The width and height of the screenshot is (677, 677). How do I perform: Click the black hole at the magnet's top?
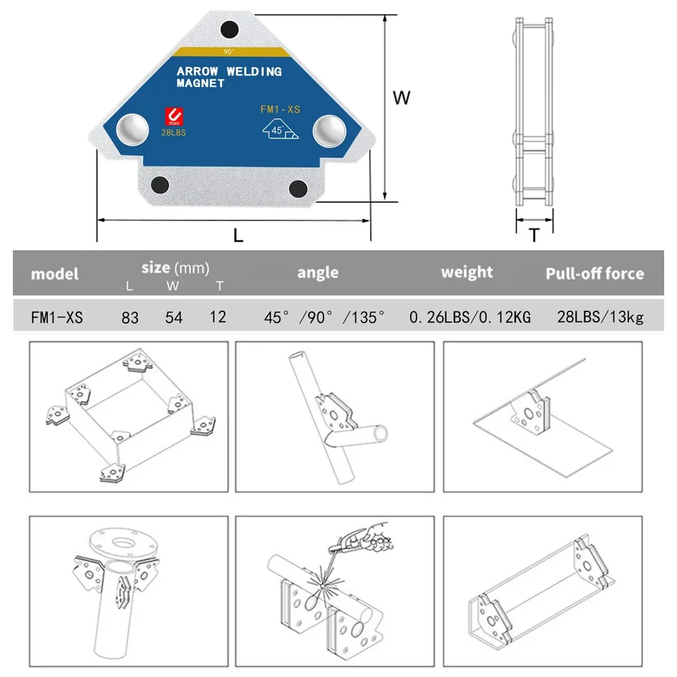[230, 29]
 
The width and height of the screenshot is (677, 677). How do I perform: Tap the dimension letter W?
[402, 98]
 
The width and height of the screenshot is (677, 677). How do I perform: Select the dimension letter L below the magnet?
[238, 236]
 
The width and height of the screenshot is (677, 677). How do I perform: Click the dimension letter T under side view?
[534, 236]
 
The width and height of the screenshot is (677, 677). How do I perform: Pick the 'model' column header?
[55, 274]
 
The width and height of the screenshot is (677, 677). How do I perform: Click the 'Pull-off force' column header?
[594, 274]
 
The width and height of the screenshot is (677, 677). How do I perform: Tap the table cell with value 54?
[174, 317]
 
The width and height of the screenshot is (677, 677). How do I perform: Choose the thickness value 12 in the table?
[218, 316]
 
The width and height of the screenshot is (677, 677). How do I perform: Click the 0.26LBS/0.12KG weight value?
[470, 317]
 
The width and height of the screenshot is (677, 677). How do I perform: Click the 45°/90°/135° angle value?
[324, 317]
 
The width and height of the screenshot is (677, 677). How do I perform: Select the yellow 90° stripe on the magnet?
[230, 51]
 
